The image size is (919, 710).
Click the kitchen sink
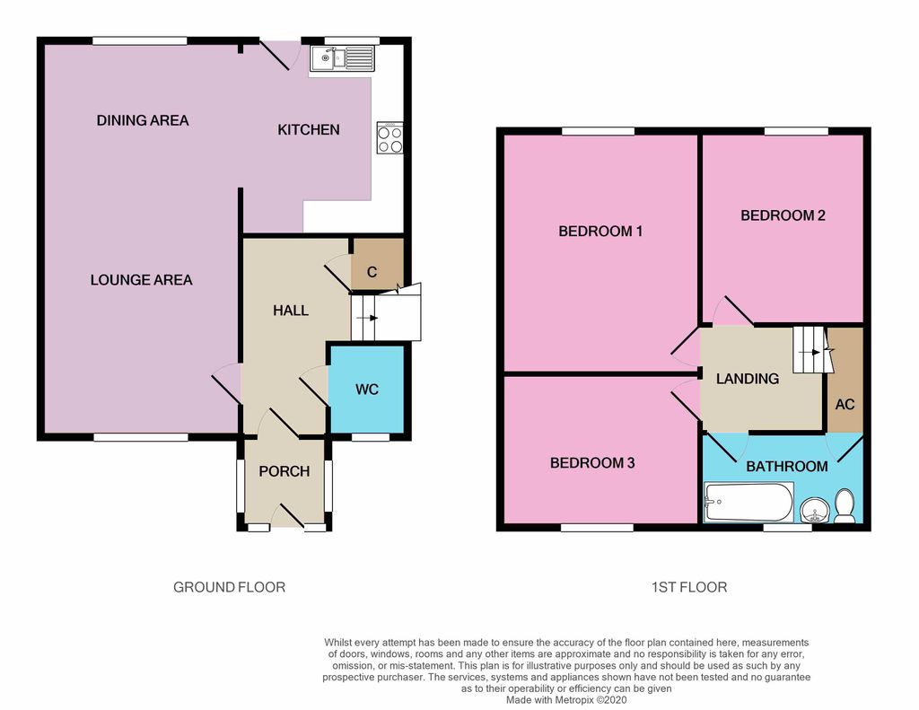click(x=342, y=58)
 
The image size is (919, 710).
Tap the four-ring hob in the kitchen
click(x=389, y=138)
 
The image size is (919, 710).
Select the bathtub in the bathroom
click(x=748, y=502)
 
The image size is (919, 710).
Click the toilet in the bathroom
click(x=845, y=506)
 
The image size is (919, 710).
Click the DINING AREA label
click(x=143, y=121)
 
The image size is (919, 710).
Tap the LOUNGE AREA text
click(x=141, y=280)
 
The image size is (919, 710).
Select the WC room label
click(x=367, y=390)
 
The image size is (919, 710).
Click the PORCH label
click(x=284, y=471)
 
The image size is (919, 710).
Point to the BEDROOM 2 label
click(x=783, y=215)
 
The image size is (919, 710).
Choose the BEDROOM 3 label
click(x=592, y=463)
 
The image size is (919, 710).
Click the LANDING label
click(x=748, y=379)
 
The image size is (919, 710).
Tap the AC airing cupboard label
click(x=845, y=405)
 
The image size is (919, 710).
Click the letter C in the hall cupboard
click(x=372, y=272)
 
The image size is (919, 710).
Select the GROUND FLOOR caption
click(x=229, y=587)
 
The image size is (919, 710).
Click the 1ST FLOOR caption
click(x=689, y=587)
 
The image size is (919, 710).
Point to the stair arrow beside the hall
click(x=367, y=318)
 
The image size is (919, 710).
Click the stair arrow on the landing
click(x=810, y=353)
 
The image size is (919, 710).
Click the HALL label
click(x=291, y=311)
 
